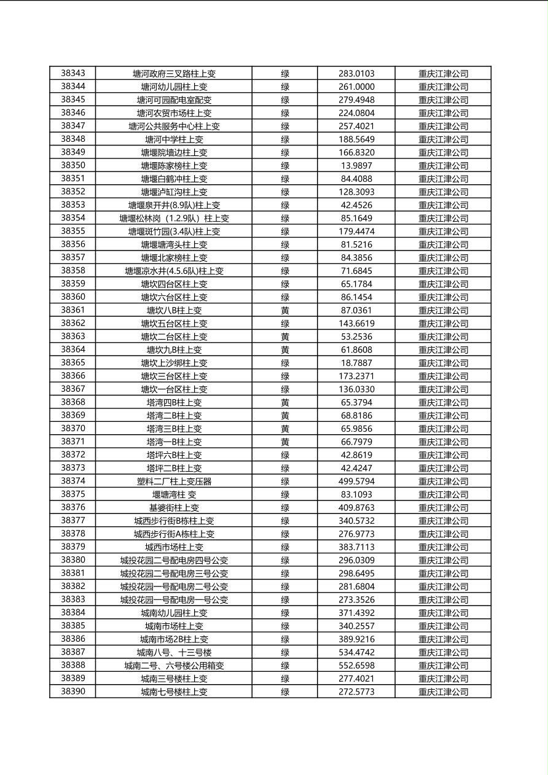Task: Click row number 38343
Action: (73, 74)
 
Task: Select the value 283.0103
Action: (356, 74)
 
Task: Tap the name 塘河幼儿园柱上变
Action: (174, 87)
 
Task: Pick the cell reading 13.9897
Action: (356, 166)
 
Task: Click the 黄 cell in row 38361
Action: (285, 311)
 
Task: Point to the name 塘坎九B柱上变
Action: (174, 350)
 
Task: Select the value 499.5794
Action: (356, 481)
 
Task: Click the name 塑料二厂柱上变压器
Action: (174, 481)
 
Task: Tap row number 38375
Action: (73, 494)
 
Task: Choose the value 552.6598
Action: (356, 666)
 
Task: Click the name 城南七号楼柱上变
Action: (174, 692)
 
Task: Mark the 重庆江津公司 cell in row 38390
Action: (443, 692)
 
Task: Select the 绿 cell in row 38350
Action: (285, 166)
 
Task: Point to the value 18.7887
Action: (356, 363)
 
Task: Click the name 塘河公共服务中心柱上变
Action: (174, 127)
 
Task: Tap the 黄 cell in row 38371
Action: (285, 442)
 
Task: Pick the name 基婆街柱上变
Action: (174, 508)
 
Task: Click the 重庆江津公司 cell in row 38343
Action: (443, 74)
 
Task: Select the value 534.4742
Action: (356, 652)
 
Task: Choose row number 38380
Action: (73, 560)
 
